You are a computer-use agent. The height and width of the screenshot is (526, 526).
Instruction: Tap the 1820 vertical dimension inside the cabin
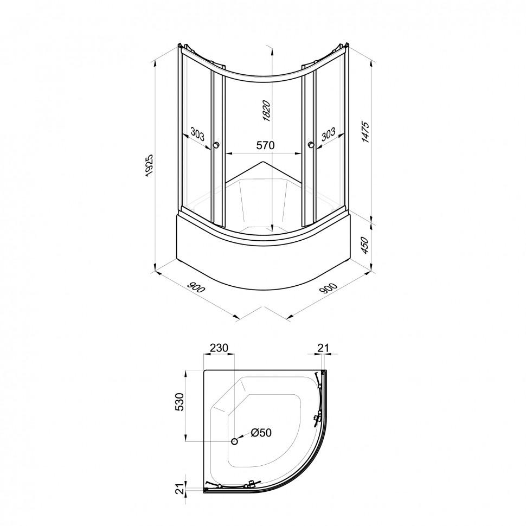[266, 111]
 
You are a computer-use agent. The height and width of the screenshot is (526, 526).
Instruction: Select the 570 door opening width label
[265, 145]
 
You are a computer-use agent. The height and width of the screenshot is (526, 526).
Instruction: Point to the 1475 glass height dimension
[365, 132]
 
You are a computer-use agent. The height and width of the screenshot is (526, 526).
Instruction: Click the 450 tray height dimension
[365, 245]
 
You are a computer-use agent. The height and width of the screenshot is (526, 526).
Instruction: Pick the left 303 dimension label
[197, 134]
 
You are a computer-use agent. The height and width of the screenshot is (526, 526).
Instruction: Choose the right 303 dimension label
[328, 134]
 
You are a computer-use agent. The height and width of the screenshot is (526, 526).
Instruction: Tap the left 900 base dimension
[196, 287]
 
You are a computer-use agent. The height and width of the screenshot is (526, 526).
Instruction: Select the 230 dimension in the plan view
[219, 348]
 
